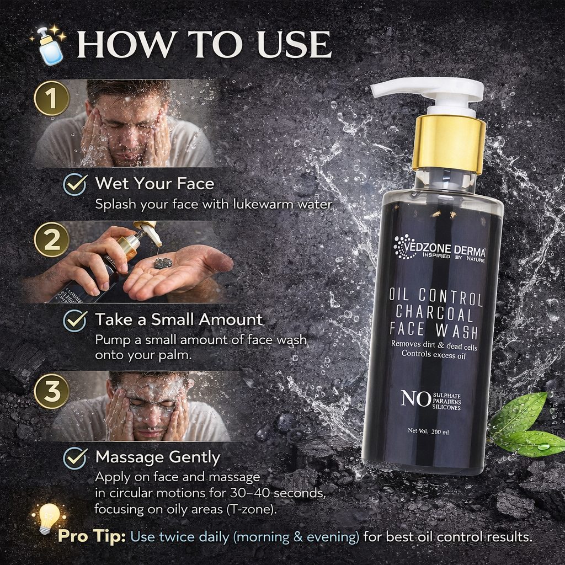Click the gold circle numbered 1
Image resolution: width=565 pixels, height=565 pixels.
point(51,99)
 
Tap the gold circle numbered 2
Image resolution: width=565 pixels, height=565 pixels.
point(51,240)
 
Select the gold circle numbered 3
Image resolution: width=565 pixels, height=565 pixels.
point(51,391)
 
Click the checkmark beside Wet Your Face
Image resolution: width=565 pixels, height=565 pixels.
point(75,184)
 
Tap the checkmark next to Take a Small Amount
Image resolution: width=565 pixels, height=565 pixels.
point(75,320)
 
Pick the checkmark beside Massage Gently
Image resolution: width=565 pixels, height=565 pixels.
point(75,457)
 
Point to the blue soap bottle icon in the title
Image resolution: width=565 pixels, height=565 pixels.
point(50,46)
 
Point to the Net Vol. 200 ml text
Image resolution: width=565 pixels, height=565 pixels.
point(428,431)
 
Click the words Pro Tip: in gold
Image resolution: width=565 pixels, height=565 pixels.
point(92,536)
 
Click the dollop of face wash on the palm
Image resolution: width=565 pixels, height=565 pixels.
point(163,263)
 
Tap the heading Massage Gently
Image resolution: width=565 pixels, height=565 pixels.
point(158,457)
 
